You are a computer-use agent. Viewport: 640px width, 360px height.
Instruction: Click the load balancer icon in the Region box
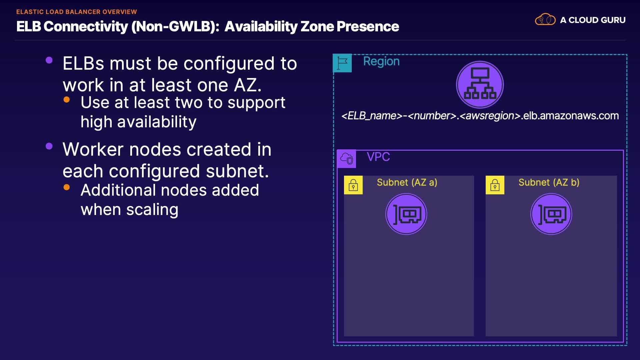click(x=480, y=85)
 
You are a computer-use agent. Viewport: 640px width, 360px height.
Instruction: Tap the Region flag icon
click(x=342, y=63)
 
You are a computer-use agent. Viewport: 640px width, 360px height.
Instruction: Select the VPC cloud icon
click(x=347, y=159)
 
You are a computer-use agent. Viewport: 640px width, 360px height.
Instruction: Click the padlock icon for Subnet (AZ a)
click(x=353, y=185)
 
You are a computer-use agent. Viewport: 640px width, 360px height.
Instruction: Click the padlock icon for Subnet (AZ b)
click(x=495, y=185)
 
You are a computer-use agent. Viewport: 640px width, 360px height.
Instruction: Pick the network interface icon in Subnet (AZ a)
click(x=406, y=214)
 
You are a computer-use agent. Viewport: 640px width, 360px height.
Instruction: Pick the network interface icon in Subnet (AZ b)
click(x=551, y=214)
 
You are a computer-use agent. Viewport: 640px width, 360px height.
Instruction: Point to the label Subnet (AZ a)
click(x=407, y=182)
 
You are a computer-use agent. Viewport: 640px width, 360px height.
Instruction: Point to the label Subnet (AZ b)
click(x=549, y=182)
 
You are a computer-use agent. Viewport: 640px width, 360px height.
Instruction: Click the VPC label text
click(x=378, y=157)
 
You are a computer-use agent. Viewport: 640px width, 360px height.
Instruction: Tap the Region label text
click(x=381, y=61)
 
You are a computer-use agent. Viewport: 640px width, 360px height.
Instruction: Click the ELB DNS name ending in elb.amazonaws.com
click(x=480, y=116)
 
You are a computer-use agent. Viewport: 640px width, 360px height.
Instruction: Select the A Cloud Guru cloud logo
click(x=545, y=19)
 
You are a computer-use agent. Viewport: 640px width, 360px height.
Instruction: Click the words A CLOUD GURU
click(x=593, y=20)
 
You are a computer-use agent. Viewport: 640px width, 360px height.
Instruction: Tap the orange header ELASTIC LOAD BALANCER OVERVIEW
click(x=77, y=12)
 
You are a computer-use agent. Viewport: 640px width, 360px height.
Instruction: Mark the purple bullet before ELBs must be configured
click(x=49, y=60)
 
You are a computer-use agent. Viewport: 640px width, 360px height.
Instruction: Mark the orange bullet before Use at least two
click(x=67, y=99)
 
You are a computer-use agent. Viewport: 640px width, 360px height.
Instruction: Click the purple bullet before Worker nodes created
click(x=49, y=146)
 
